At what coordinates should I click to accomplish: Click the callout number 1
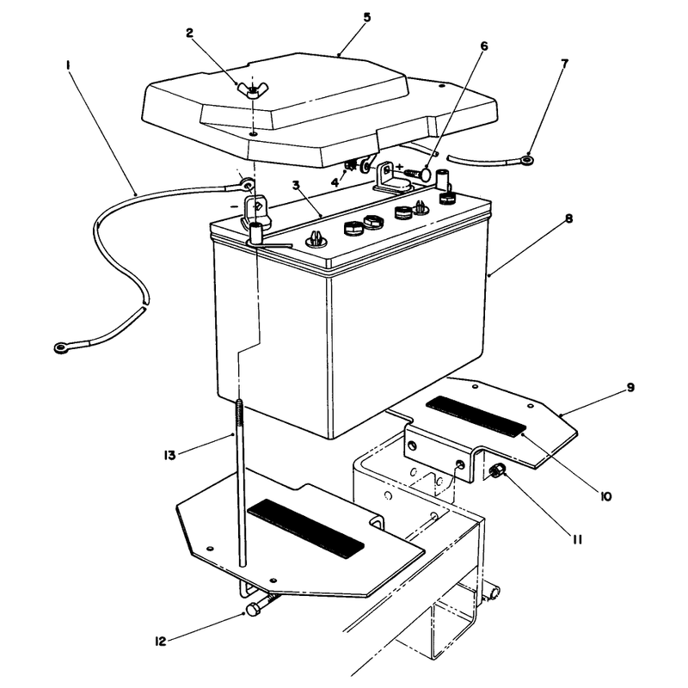click(68, 65)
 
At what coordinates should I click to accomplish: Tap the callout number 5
click(367, 17)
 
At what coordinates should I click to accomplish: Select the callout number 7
click(565, 64)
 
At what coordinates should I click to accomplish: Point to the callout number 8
click(569, 218)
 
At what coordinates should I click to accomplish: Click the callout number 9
click(630, 388)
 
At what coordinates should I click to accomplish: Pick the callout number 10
click(605, 496)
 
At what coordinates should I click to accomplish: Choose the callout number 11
click(577, 539)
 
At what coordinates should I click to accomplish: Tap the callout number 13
click(169, 455)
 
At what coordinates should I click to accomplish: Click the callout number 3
click(296, 185)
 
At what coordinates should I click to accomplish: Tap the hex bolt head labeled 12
click(253, 610)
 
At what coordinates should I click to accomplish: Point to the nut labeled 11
click(498, 471)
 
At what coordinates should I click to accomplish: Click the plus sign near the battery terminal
click(399, 167)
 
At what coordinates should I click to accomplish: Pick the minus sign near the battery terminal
click(235, 206)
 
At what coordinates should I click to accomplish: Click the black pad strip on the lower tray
click(306, 528)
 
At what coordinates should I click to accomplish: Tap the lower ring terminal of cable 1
click(61, 348)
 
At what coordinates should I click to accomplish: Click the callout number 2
click(189, 34)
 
